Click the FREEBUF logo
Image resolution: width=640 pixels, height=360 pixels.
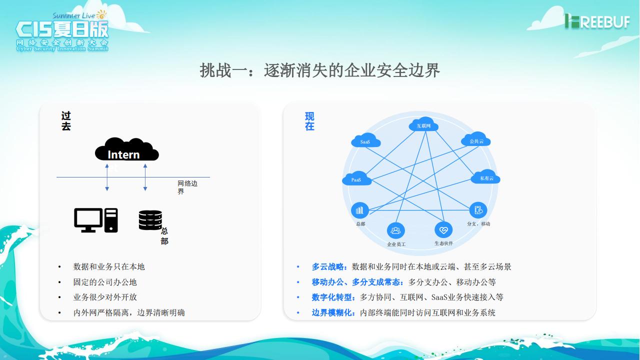pos(597,21)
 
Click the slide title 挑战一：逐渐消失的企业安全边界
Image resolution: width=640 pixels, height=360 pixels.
pos(320,70)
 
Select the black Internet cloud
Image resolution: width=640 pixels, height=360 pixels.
pos(126,149)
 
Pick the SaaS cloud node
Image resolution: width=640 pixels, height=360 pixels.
pos(366,140)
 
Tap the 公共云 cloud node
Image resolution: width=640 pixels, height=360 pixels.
pos(476,140)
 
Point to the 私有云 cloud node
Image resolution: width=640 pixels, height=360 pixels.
pos(486,177)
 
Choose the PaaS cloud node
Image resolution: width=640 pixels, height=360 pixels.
pos(357,178)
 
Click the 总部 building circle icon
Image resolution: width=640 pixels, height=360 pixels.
pos(360,210)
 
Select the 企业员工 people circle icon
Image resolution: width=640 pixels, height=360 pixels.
pos(396,230)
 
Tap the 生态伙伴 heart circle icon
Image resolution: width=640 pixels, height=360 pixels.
pos(443,230)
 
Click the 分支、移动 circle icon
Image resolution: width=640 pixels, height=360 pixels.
pos(478,210)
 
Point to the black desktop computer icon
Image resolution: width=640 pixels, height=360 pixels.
pos(96,220)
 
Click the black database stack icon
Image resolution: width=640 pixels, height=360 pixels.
pos(150,220)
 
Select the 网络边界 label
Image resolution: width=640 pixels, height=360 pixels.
pos(187,187)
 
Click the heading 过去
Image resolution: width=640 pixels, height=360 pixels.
pos(66,121)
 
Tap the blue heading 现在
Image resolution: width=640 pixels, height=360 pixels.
pos(310,121)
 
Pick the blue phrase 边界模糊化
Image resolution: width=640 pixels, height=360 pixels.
pos(333,312)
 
